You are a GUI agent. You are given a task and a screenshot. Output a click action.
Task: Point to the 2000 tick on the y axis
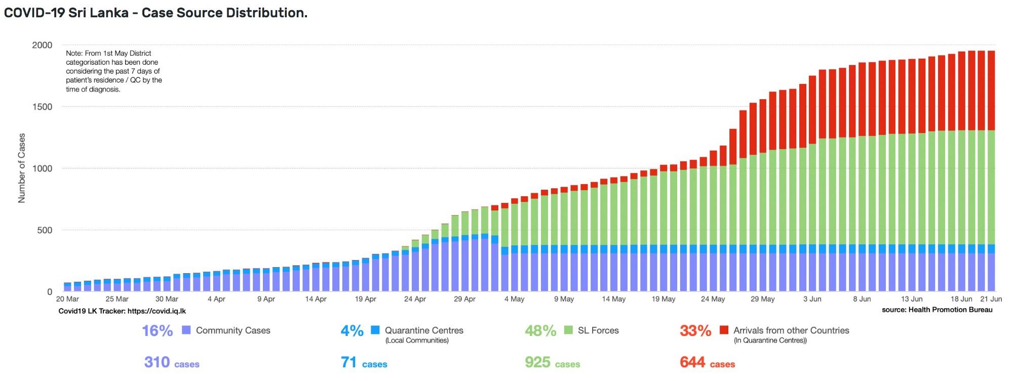(42, 45)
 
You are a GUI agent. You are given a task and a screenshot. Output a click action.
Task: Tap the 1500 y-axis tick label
(42, 107)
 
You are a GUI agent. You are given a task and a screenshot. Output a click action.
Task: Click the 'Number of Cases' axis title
(22, 168)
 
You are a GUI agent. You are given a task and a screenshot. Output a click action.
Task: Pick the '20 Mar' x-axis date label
(67, 299)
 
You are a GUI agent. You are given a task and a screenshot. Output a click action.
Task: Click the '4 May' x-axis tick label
(514, 299)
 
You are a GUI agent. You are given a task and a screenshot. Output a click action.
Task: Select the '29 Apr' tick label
(464, 299)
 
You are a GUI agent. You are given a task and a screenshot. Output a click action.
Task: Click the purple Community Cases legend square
(186, 330)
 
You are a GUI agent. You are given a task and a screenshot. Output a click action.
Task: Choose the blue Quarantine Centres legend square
(375, 330)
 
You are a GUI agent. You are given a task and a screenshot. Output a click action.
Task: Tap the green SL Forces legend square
(568, 330)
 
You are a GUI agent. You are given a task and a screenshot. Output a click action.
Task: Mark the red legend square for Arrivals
(724, 330)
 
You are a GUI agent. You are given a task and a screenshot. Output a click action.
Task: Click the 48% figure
(540, 331)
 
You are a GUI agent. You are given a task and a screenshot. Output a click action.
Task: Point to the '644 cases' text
(707, 363)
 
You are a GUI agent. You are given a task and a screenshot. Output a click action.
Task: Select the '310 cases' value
(172, 363)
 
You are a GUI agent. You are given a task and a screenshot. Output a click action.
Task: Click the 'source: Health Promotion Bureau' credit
(937, 310)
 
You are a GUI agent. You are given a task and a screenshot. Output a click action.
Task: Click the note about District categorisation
(114, 71)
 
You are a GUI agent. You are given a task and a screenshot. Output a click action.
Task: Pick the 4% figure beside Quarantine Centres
(352, 331)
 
